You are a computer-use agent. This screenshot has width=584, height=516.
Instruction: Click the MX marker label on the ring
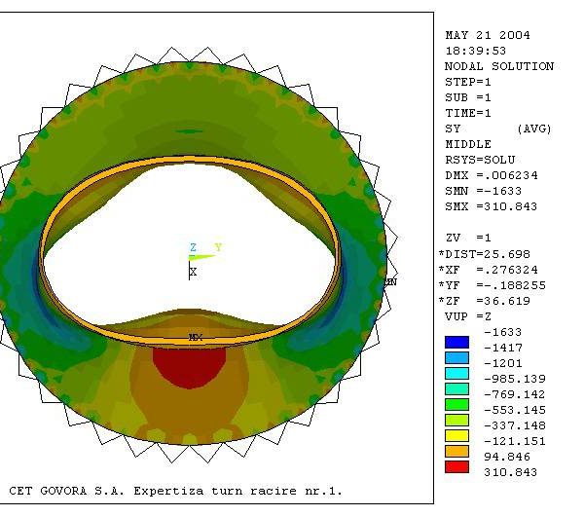click(196, 338)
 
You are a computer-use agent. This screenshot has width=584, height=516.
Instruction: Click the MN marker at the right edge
click(390, 282)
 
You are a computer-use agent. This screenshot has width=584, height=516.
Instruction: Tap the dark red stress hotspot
click(189, 367)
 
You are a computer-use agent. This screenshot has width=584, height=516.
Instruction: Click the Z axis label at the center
click(193, 247)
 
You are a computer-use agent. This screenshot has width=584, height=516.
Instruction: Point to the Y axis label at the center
click(219, 247)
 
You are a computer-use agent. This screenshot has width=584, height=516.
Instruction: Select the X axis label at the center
click(193, 272)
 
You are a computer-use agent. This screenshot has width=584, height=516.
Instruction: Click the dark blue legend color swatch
click(456, 343)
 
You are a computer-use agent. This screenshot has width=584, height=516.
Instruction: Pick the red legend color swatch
click(456, 467)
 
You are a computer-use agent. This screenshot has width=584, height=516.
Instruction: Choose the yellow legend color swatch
click(456, 436)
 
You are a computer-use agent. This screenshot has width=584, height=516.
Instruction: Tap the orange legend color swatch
click(456, 452)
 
